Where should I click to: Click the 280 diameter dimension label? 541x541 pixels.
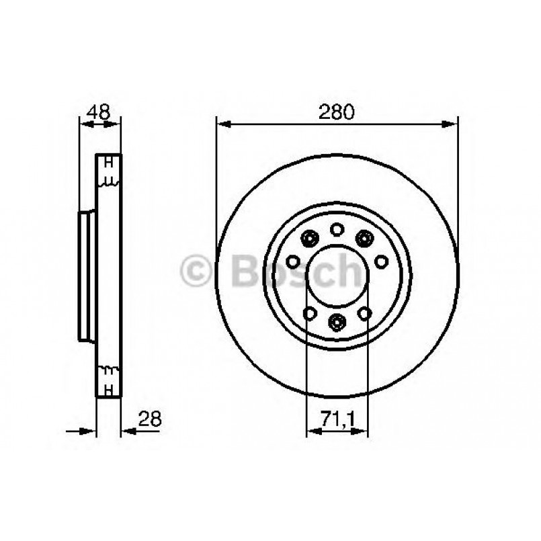point(337,112)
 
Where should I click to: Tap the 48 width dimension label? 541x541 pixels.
point(99,112)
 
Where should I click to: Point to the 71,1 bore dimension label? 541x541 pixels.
point(337,420)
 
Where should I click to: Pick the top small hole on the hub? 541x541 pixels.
point(337,229)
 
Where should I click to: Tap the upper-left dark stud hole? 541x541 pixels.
point(310,237)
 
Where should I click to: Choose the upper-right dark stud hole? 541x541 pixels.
point(364,237)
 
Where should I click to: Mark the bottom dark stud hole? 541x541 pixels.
point(337,323)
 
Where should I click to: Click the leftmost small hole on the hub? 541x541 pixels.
point(293,261)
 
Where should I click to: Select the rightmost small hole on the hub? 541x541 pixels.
point(381,261)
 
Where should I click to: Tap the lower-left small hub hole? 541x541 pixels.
point(310,313)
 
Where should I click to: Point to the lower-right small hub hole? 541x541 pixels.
point(364,313)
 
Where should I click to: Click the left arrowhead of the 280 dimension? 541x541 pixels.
point(222,124)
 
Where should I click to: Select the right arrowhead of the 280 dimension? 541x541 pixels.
point(451,124)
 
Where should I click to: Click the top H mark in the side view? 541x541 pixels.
point(108,163)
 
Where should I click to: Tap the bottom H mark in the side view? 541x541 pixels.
point(108,388)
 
